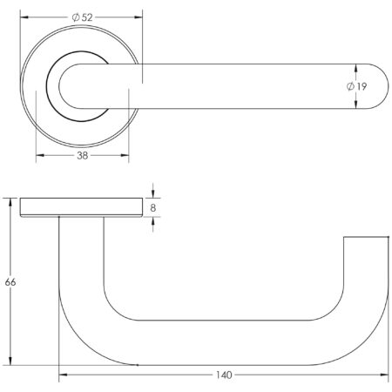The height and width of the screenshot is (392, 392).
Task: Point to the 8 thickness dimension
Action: tap(154, 209)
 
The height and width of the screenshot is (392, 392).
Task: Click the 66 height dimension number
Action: tap(10, 282)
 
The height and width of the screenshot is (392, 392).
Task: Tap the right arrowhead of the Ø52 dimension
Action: tap(138, 17)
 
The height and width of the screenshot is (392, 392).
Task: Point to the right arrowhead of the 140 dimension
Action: tap(383, 375)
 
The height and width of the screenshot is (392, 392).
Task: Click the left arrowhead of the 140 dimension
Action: tap(63, 375)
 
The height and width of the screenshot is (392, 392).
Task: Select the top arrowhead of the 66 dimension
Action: tap(11, 201)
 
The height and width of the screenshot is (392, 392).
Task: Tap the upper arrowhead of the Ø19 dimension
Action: tap(355, 67)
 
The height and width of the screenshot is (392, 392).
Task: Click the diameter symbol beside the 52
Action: tap(76, 17)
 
